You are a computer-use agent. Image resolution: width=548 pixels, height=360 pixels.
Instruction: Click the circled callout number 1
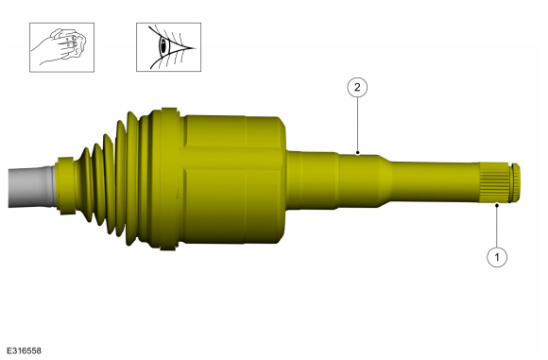497,257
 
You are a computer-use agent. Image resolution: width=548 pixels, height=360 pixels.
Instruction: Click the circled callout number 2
357,87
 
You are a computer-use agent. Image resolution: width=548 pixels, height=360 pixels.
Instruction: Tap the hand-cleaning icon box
61,47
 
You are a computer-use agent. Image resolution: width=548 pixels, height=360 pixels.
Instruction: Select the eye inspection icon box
168,47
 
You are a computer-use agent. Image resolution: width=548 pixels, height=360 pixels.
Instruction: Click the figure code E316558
24,351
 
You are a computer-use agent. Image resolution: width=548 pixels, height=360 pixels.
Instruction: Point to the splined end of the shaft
494,182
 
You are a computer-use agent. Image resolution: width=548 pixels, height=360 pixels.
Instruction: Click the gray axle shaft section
32,187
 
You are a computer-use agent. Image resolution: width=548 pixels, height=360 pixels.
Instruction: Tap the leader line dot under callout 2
357,153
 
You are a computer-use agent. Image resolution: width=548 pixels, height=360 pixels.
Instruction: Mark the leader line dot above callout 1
496,206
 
